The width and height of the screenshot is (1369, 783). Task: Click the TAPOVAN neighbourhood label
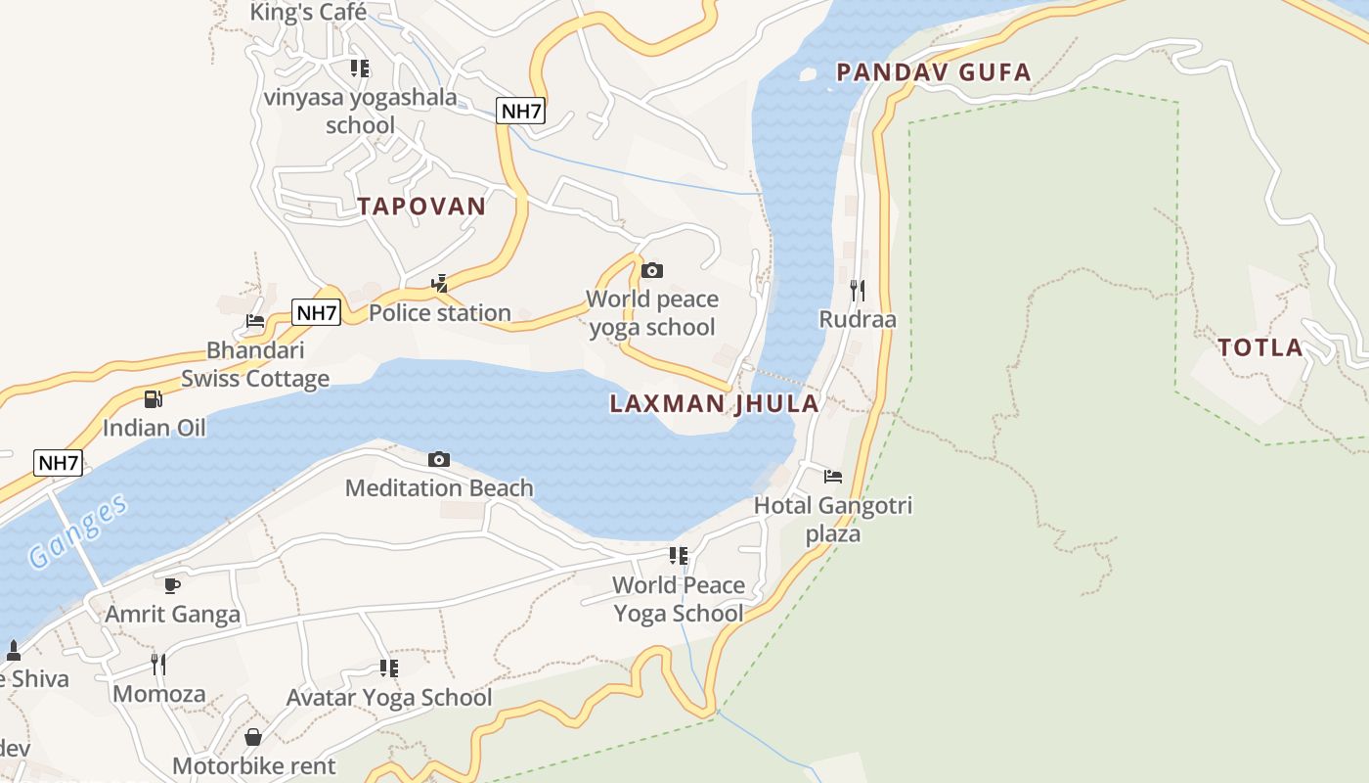coord(421,207)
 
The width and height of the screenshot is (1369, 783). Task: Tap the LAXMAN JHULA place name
coord(714,404)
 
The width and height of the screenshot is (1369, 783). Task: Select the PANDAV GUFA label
coord(934,72)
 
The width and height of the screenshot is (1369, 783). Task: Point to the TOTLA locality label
coord(1260,347)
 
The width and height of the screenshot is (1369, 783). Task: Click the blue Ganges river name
coord(78,532)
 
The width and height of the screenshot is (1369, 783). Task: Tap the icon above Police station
coord(440,284)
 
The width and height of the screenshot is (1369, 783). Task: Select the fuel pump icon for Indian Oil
coord(154,398)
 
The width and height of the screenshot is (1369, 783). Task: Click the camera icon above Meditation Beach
coord(439,459)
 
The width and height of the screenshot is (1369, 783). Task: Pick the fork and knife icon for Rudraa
coord(857,290)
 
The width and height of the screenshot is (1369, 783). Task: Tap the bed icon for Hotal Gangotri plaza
coord(833,477)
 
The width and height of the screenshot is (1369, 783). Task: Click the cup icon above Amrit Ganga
coord(172,585)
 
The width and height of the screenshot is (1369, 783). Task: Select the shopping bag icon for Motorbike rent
coord(253,736)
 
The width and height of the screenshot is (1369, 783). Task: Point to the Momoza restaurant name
coord(159,694)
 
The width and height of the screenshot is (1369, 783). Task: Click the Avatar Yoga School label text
coord(389,698)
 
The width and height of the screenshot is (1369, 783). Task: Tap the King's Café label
coord(308,13)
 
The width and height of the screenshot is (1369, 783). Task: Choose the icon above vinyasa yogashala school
coord(360,69)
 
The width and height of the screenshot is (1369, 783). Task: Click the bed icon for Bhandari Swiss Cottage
coord(255,320)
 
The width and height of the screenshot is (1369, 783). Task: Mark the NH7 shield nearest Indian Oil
coord(58,463)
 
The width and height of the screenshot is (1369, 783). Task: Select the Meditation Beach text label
coord(439,487)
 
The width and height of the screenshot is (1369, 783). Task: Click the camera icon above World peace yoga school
coord(652,270)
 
